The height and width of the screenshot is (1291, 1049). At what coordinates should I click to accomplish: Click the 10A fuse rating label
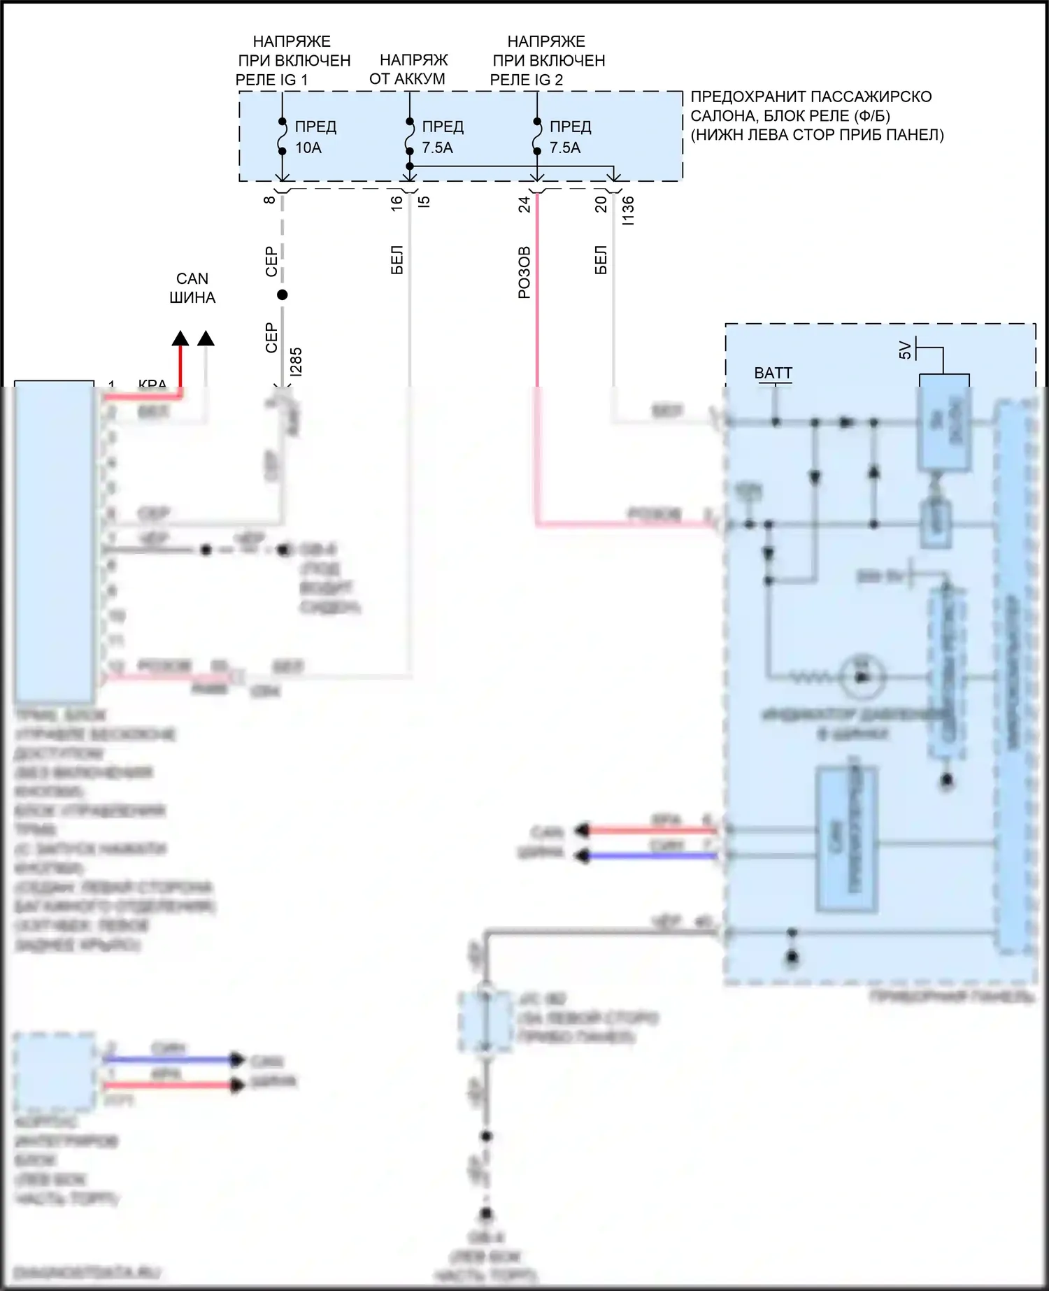(x=308, y=148)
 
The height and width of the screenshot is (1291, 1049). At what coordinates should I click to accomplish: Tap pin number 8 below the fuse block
(x=269, y=200)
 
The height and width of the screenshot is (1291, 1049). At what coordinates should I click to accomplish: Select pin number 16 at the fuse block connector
(x=397, y=203)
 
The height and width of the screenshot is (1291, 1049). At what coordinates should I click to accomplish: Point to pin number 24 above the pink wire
(x=524, y=204)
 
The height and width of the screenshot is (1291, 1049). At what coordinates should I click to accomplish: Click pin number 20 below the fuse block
(x=601, y=204)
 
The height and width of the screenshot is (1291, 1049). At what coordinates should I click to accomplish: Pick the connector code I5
(x=424, y=201)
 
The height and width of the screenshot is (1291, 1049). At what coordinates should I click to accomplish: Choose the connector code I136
(x=628, y=210)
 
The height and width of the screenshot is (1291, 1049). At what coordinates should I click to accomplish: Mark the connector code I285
(x=296, y=362)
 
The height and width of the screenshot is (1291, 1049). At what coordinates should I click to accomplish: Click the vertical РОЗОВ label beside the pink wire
(x=524, y=273)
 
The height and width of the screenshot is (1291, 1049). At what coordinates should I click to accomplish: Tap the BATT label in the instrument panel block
(x=773, y=373)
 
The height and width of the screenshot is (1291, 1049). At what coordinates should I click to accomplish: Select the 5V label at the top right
(x=905, y=350)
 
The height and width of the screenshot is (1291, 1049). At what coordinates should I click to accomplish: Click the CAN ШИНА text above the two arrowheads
(x=192, y=288)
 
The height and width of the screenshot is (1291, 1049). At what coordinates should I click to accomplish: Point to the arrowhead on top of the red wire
(x=180, y=338)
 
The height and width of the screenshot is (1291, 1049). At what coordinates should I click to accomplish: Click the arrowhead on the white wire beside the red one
(x=206, y=338)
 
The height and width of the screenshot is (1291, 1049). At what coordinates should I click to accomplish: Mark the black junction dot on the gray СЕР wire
(x=283, y=295)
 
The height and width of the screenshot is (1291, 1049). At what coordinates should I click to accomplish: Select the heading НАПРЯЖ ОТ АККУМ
(x=408, y=69)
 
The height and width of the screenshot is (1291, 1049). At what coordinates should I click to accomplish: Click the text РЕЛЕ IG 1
(x=271, y=80)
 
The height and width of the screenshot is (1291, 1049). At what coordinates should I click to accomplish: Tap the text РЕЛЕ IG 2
(x=526, y=80)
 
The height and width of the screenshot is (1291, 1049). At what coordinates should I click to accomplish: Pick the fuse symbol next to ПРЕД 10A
(x=282, y=136)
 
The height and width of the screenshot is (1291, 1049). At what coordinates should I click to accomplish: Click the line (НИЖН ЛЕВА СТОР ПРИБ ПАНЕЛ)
(x=817, y=135)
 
